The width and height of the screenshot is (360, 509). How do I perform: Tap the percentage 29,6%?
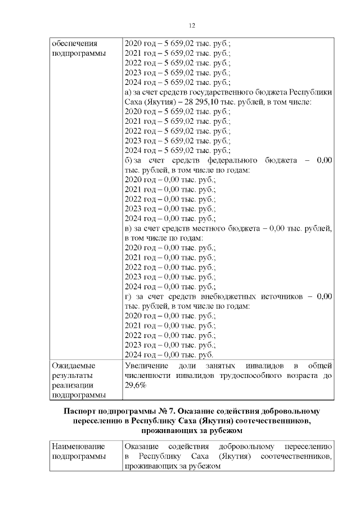point(135,385)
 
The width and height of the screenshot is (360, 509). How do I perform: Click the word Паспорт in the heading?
point(84,411)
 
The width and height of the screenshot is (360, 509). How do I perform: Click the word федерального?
point(244,160)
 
